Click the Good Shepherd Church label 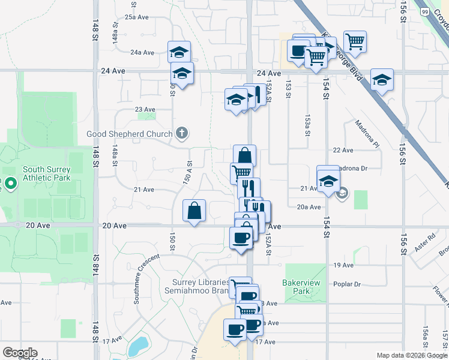point(130,134)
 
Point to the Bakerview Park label point(298,286)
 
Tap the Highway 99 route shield point(425,11)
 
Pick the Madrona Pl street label point(367,134)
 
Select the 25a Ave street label point(136,17)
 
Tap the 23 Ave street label point(145,109)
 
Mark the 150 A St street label point(189,172)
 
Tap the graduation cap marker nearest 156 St point(382,80)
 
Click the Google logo point(20,353)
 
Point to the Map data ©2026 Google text point(412,355)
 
